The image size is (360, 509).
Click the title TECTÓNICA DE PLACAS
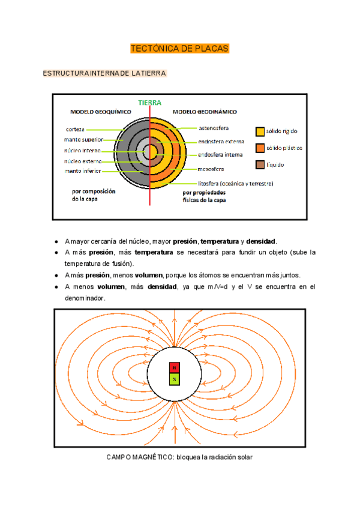coord(180,49)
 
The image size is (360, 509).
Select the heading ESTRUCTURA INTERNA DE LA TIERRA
coord(104,73)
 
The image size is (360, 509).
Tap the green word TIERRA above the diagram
coord(150,103)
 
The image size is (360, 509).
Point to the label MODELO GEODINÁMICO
coord(205,112)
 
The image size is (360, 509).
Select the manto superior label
coord(85,139)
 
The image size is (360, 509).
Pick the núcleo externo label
coord(83,161)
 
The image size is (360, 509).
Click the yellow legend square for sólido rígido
coord(260,131)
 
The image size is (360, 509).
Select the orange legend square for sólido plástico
coord(260,148)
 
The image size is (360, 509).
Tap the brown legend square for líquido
coord(260,164)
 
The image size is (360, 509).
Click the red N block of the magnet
coord(174,367)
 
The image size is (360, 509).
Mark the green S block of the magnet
coord(174,379)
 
